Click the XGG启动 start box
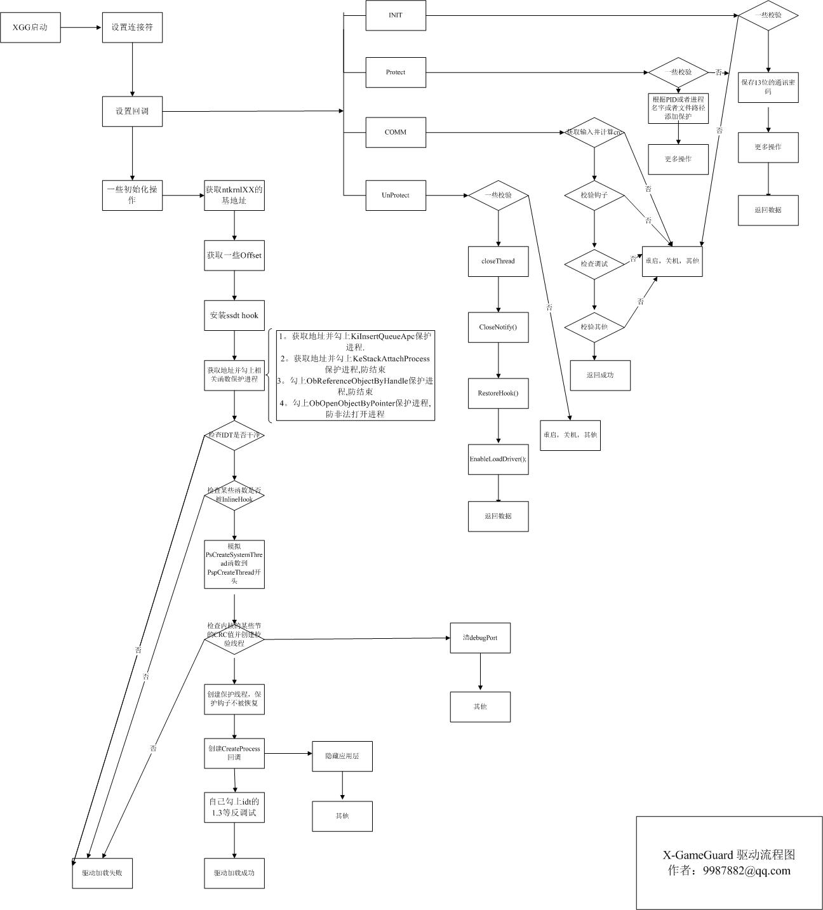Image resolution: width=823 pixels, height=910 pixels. click(30, 27)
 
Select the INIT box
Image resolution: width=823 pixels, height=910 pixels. click(396, 15)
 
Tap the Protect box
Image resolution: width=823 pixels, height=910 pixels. click(396, 72)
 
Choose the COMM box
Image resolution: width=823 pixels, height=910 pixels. click(396, 132)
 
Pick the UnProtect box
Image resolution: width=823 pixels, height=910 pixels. click(396, 195)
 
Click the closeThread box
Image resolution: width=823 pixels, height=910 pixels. click(498, 261)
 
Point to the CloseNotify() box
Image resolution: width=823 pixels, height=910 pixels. click(498, 327)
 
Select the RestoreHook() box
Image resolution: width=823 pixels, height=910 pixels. click(498, 393)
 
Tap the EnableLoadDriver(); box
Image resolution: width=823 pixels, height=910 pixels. click(498, 459)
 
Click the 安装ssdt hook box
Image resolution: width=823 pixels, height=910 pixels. click(234, 315)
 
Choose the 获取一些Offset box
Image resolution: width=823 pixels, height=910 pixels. click(234, 255)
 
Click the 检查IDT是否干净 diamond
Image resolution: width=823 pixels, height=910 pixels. click(234, 436)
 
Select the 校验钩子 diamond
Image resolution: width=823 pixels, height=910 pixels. click(594, 195)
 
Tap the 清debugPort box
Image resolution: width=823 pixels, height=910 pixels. click(480, 638)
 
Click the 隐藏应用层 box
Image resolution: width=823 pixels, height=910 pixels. click(342, 756)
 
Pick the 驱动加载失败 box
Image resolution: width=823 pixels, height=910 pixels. click(102, 873)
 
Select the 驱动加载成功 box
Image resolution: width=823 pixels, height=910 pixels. click(234, 873)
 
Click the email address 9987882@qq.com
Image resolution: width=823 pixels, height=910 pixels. click(747, 871)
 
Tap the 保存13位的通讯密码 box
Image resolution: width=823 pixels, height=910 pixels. click(768, 87)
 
